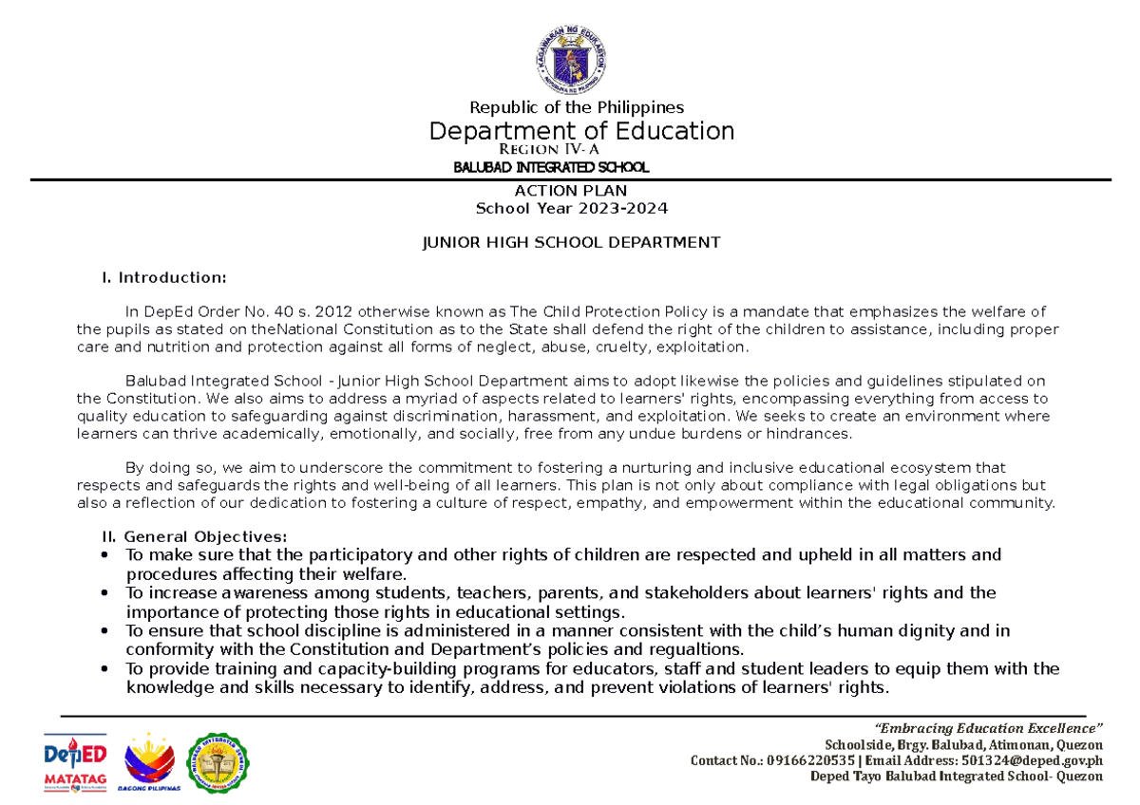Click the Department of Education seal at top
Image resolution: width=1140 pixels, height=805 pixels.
[x=569, y=58]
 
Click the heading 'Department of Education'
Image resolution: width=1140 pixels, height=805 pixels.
[x=581, y=131]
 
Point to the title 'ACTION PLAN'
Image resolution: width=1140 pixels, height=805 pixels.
[x=570, y=191]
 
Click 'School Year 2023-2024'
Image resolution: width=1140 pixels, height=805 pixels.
[x=572, y=208]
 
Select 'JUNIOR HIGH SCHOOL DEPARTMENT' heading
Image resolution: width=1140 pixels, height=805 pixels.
[x=571, y=242]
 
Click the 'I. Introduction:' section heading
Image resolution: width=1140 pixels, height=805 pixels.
[x=164, y=277]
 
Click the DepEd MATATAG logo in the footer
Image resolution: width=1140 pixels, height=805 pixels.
[x=75, y=763]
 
